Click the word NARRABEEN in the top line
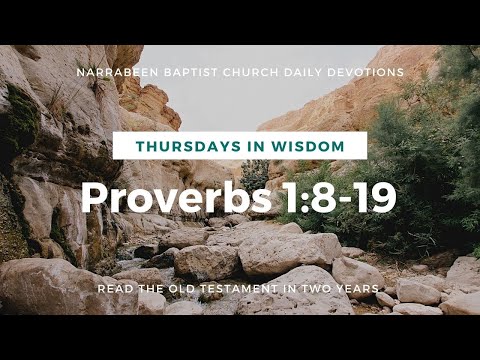(111, 73)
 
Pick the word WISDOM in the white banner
(311, 146)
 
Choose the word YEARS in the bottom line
(361, 289)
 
